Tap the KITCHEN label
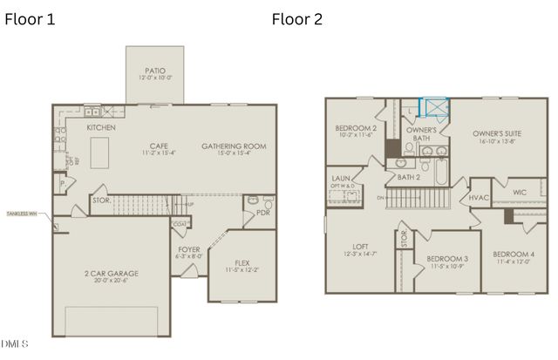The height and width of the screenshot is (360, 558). tap(101, 128)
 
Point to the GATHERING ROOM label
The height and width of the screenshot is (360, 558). tap(234, 146)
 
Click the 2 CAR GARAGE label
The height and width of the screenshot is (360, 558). tap(111, 273)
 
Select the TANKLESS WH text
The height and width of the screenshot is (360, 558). tap(22, 213)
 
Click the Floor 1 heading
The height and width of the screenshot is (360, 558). tap(30, 19)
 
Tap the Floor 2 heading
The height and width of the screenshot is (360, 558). tap(296, 19)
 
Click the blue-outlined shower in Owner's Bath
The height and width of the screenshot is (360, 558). tap(433, 107)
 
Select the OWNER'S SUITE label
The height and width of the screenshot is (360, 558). tap(498, 133)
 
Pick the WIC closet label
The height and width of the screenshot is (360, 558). tap(520, 191)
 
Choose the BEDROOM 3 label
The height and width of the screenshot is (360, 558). tap(447, 259)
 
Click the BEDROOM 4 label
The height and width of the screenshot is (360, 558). tap(514, 255)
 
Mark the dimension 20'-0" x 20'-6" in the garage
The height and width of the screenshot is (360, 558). tap(111, 281)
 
